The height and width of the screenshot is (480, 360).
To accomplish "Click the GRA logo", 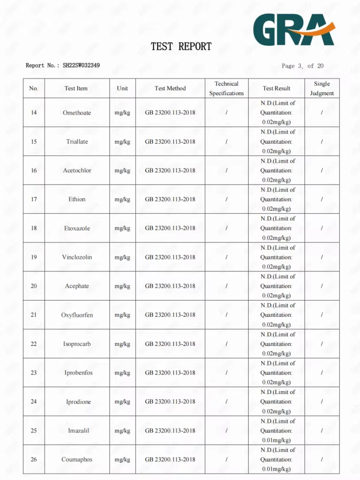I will pyautogui.click(x=294, y=29).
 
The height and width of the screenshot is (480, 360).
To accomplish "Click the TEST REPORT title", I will pyautogui.click(x=181, y=46).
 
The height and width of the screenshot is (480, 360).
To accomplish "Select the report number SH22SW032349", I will pyautogui.click(x=81, y=65).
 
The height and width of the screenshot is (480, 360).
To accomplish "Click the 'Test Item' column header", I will pyautogui.click(x=76, y=88).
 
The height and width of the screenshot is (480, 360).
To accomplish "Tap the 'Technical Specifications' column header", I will pyautogui.click(x=226, y=88).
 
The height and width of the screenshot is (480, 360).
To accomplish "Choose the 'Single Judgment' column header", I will pyautogui.click(x=322, y=88).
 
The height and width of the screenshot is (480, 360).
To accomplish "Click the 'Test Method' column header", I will pyautogui.click(x=170, y=88).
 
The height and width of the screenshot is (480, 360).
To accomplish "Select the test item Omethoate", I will pyautogui.click(x=77, y=113).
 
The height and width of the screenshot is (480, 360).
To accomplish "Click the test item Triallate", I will pyautogui.click(x=77, y=141).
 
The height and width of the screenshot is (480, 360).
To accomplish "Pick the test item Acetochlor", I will pyautogui.click(x=77, y=171).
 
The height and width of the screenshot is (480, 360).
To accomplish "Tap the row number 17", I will pyautogui.click(x=34, y=199).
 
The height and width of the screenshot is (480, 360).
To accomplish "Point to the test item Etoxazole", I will pyautogui.click(x=77, y=229).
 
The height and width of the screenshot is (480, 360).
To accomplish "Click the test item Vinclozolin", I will pyautogui.click(x=77, y=257).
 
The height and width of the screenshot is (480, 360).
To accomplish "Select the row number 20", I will pyautogui.click(x=34, y=286).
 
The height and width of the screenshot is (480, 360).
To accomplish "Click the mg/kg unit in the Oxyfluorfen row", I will pyautogui.click(x=122, y=315).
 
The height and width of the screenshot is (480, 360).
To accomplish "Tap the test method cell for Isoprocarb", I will pyautogui.click(x=170, y=344).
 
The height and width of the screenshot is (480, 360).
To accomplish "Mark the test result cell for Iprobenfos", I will pyautogui.click(x=276, y=373).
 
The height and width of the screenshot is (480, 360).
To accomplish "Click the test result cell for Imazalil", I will pyautogui.click(x=276, y=431).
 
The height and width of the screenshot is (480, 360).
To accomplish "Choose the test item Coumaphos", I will pyautogui.click(x=77, y=459).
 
